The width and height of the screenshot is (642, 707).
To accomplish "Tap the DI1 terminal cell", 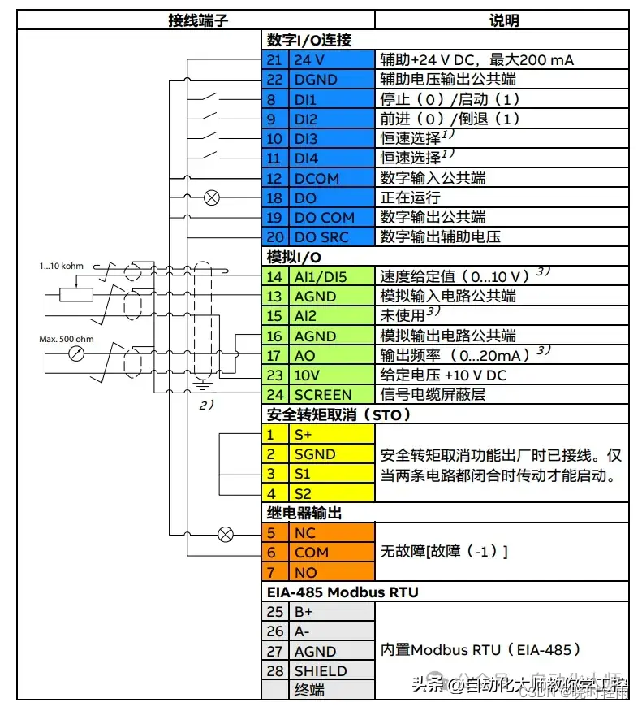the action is (305, 99).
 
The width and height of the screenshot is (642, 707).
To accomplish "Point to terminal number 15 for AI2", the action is (276, 316).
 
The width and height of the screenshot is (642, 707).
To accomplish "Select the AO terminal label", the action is (305, 355).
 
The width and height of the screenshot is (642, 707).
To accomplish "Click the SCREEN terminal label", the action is (323, 395).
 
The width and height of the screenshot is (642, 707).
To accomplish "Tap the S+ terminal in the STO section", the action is (304, 435).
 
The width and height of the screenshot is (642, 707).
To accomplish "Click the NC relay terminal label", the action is (305, 533).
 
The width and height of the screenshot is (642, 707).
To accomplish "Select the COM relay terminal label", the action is (311, 553).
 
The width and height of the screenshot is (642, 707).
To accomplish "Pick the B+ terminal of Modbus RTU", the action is (304, 611).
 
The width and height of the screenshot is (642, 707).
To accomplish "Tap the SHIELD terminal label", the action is (320, 670).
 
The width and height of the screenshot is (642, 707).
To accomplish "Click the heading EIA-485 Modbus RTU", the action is (343, 592).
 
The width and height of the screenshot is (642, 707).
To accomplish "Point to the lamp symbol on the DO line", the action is (212, 197).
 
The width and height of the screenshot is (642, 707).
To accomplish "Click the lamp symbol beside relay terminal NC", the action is (226, 534).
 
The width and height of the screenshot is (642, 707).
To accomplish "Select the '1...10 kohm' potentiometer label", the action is (61, 266).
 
